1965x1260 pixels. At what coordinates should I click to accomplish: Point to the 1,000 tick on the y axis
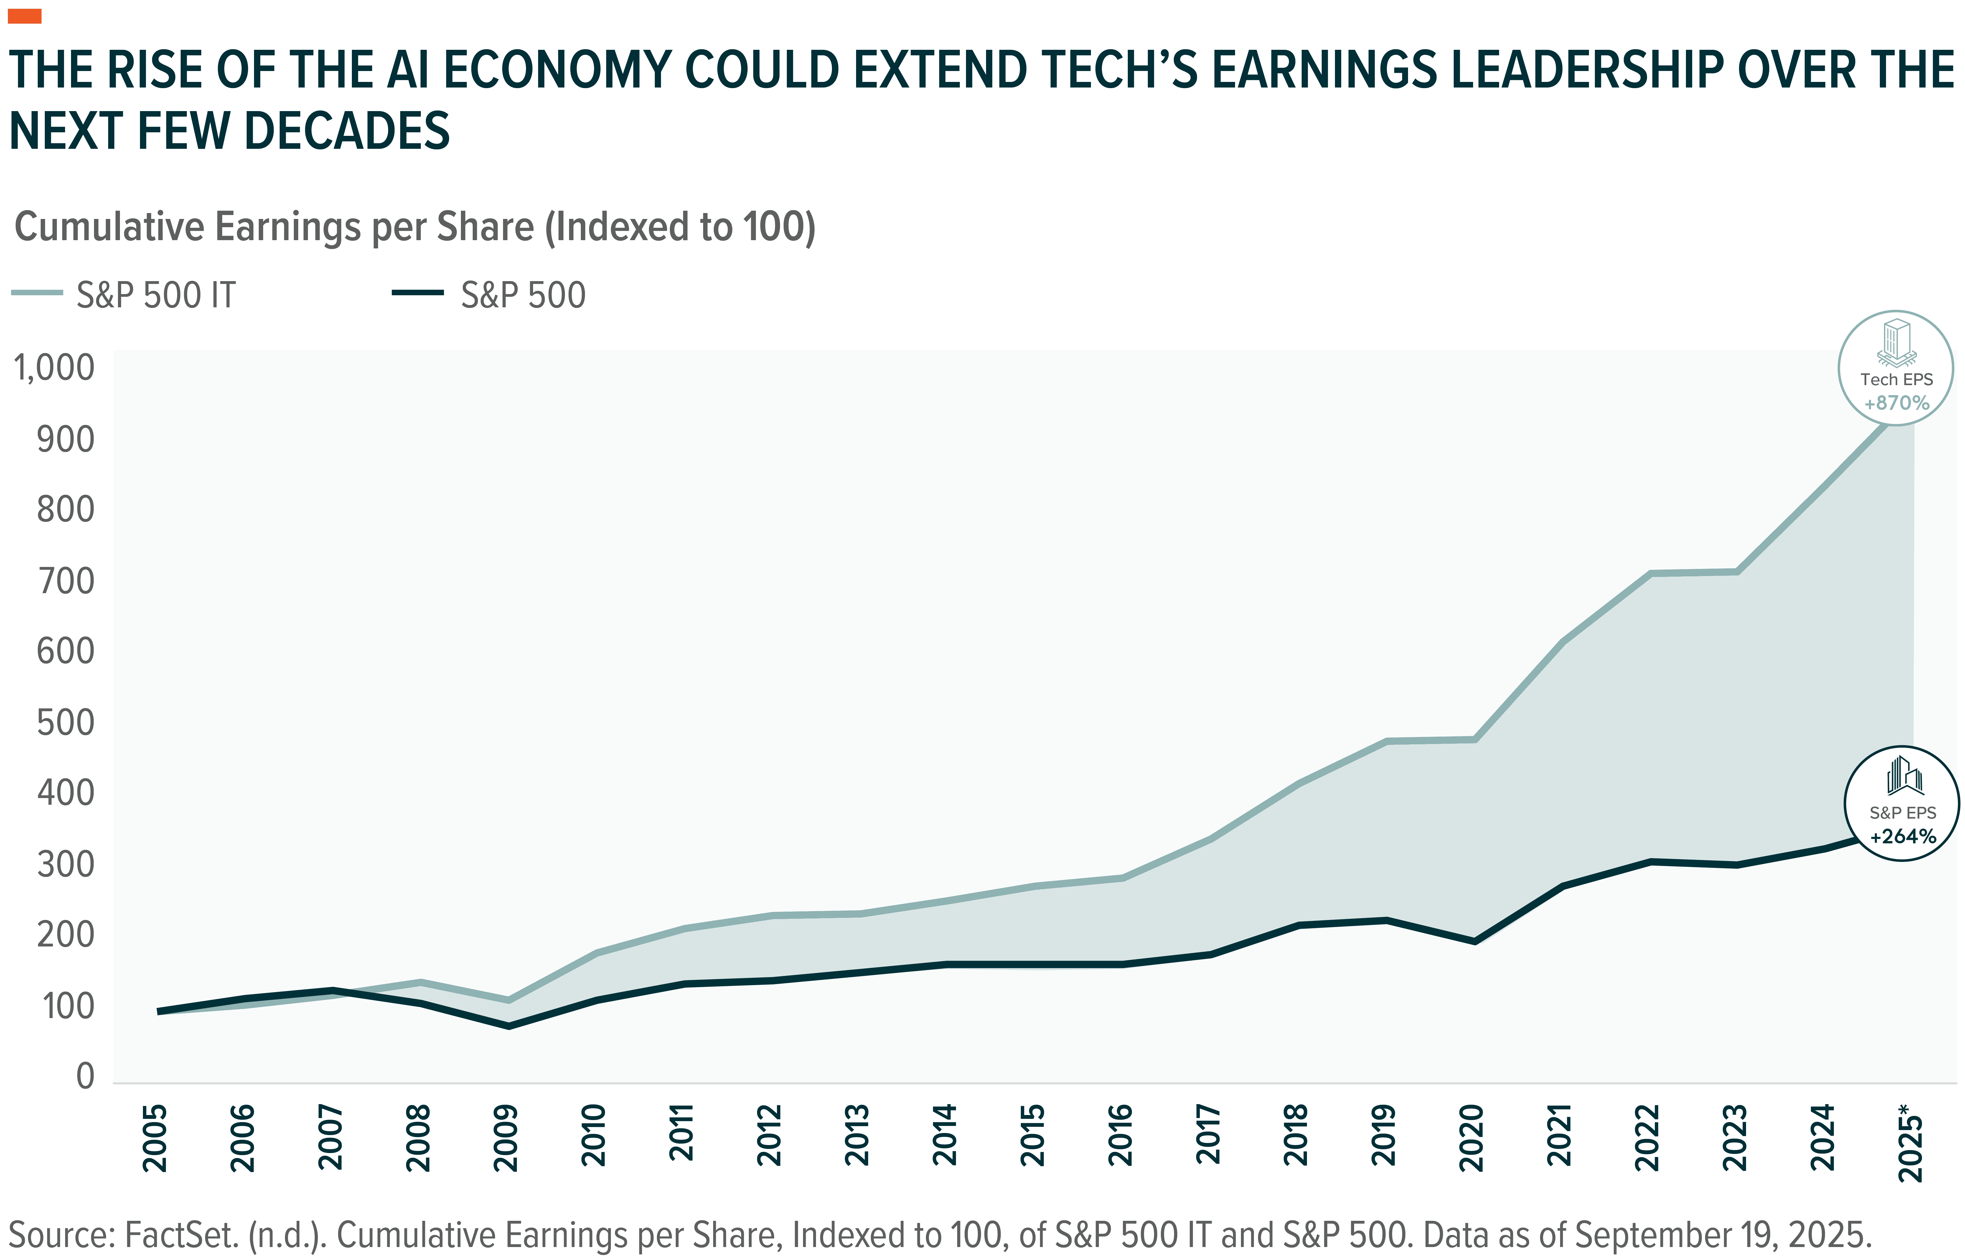pyautogui.click(x=54, y=368)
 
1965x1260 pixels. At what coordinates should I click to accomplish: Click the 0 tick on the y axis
pyautogui.click(x=85, y=1077)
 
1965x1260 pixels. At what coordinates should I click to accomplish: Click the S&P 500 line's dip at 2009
pyautogui.click(x=509, y=1025)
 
